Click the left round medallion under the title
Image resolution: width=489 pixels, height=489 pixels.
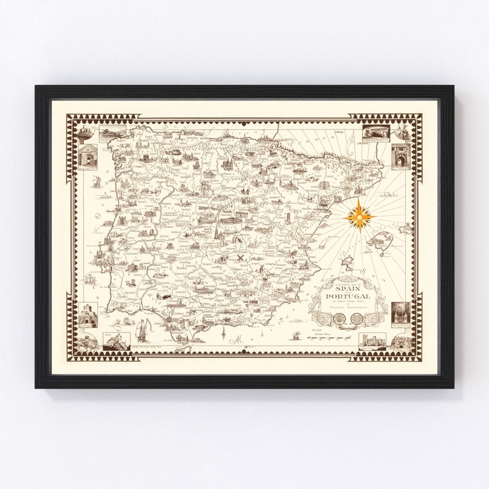[x=339, y=318]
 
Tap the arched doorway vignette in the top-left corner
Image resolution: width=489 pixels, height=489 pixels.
[x=87, y=157]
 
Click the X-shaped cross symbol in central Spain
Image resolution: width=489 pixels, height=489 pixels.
[x=240, y=258]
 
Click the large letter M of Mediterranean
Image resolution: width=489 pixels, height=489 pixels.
[x=236, y=338]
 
